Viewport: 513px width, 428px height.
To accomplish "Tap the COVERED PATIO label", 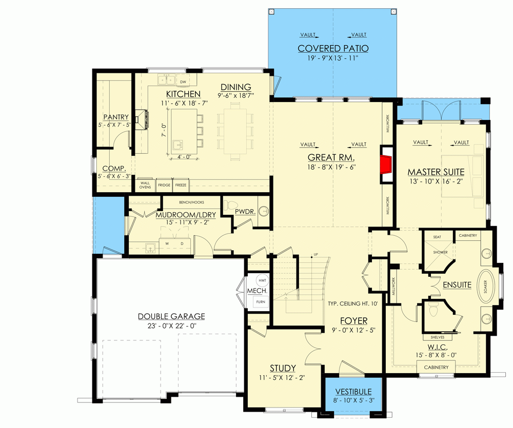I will tap(333, 49).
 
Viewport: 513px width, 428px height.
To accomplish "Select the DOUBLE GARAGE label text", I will tap(171, 316).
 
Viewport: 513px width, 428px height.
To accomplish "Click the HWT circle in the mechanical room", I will tap(262, 280).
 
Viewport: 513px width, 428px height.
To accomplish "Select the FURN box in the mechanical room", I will tap(261, 302).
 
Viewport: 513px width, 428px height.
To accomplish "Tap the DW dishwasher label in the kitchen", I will tap(182, 81).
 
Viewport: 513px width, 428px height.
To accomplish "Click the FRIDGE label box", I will tap(164, 185).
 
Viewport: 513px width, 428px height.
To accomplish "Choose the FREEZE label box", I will tap(181, 185).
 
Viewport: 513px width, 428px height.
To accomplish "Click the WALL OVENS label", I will tap(145, 185).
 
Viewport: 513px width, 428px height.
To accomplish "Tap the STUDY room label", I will tap(283, 368).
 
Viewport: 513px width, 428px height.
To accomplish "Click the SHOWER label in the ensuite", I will tap(440, 252).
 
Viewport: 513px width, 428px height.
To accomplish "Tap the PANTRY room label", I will tap(115, 117).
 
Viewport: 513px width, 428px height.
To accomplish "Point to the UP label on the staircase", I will tap(315, 255).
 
